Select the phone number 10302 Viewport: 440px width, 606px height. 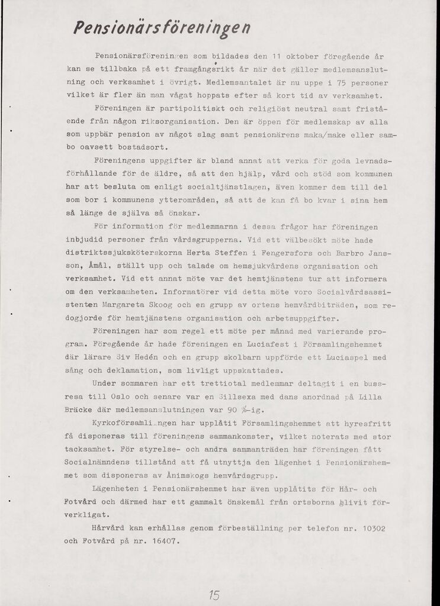372,527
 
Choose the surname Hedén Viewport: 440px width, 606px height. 147,357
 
